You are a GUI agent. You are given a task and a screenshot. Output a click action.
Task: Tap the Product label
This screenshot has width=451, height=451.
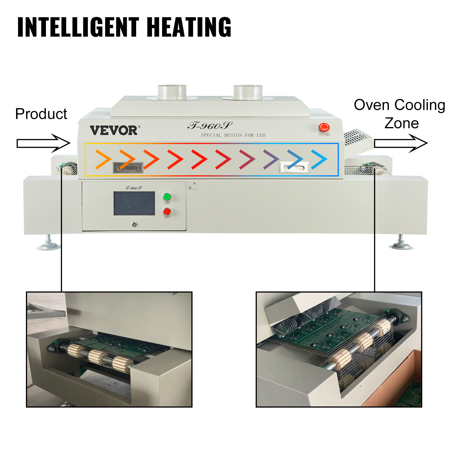point(41,114)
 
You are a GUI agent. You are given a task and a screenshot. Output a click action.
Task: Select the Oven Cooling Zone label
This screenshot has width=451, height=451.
point(399,114)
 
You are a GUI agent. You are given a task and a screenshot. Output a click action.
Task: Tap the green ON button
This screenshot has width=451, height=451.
point(167,196)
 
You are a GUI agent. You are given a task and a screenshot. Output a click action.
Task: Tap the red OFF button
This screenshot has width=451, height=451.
point(167,211)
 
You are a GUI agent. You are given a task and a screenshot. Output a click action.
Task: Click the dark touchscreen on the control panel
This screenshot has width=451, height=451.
point(134,203)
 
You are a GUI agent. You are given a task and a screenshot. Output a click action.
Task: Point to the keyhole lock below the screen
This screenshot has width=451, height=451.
point(134,224)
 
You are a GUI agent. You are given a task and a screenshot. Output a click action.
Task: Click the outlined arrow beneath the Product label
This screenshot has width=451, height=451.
point(43,143)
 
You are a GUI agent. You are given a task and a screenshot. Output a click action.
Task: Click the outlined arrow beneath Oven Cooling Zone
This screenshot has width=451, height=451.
point(401,143)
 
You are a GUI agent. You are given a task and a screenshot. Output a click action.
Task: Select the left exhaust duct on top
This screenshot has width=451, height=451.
point(172,92)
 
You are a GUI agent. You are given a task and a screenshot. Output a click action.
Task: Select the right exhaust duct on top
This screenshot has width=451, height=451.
point(248,92)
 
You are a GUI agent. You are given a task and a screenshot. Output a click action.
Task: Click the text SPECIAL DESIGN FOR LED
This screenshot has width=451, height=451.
point(233,135)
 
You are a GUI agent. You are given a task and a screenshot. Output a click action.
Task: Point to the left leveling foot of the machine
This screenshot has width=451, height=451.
point(48,244)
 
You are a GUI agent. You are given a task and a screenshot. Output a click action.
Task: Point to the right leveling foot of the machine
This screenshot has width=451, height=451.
point(401,243)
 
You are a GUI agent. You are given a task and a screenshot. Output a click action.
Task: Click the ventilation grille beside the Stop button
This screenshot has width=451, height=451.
point(356,137)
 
